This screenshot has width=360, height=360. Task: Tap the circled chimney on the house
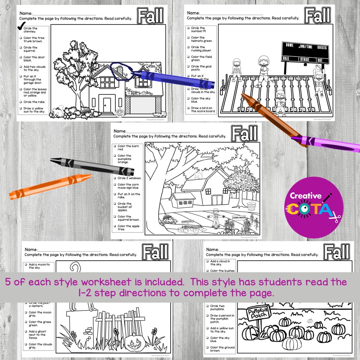120,70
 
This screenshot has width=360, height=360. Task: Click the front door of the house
107,104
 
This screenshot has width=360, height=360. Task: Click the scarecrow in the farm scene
215,217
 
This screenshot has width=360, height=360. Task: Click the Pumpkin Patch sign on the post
259,313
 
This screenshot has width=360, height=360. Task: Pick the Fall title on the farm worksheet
244,133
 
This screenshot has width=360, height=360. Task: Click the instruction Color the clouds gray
40,346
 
